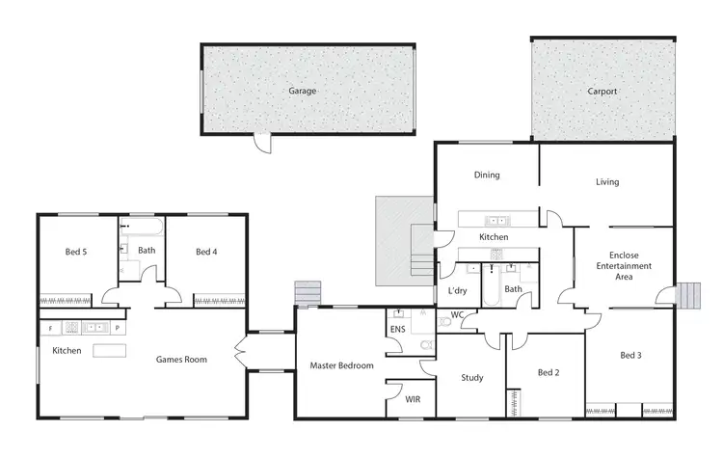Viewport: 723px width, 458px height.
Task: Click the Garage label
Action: tap(302, 92)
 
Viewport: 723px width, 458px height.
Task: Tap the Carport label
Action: tap(602, 92)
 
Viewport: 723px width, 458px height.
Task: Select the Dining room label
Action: tap(486, 175)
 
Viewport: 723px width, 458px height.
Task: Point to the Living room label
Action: tap(607, 181)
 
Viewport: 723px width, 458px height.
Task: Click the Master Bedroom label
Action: tap(341, 365)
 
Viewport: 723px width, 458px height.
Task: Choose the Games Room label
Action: tap(182, 360)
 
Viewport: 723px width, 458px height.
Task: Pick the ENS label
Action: tap(398, 329)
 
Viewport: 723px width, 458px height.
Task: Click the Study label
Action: tap(471, 378)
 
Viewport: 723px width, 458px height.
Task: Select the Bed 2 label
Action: tap(548, 372)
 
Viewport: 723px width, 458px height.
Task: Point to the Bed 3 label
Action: tap(630, 356)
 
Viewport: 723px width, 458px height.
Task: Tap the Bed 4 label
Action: tap(206, 253)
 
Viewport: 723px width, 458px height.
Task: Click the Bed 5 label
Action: tap(76, 253)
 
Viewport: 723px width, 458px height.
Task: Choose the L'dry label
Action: tap(458, 290)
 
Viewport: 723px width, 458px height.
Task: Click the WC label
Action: tap(457, 314)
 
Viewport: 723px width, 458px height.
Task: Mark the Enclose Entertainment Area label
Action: tap(624, 265)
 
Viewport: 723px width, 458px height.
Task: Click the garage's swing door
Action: tap(262, 144)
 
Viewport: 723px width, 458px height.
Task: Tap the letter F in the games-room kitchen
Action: tap(50, 329)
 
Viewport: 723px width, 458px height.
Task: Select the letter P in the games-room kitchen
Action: tap(117, 329)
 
